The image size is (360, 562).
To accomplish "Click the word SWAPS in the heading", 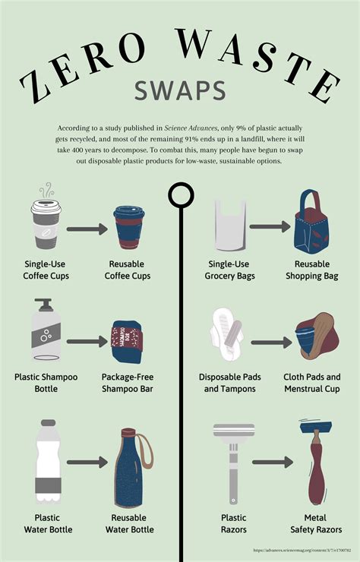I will (180, 90).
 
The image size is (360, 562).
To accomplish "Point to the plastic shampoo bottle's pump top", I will (43, 306).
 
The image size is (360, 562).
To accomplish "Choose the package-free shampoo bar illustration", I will (128, 340).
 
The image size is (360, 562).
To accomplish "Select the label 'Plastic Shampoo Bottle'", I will (43, 383).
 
